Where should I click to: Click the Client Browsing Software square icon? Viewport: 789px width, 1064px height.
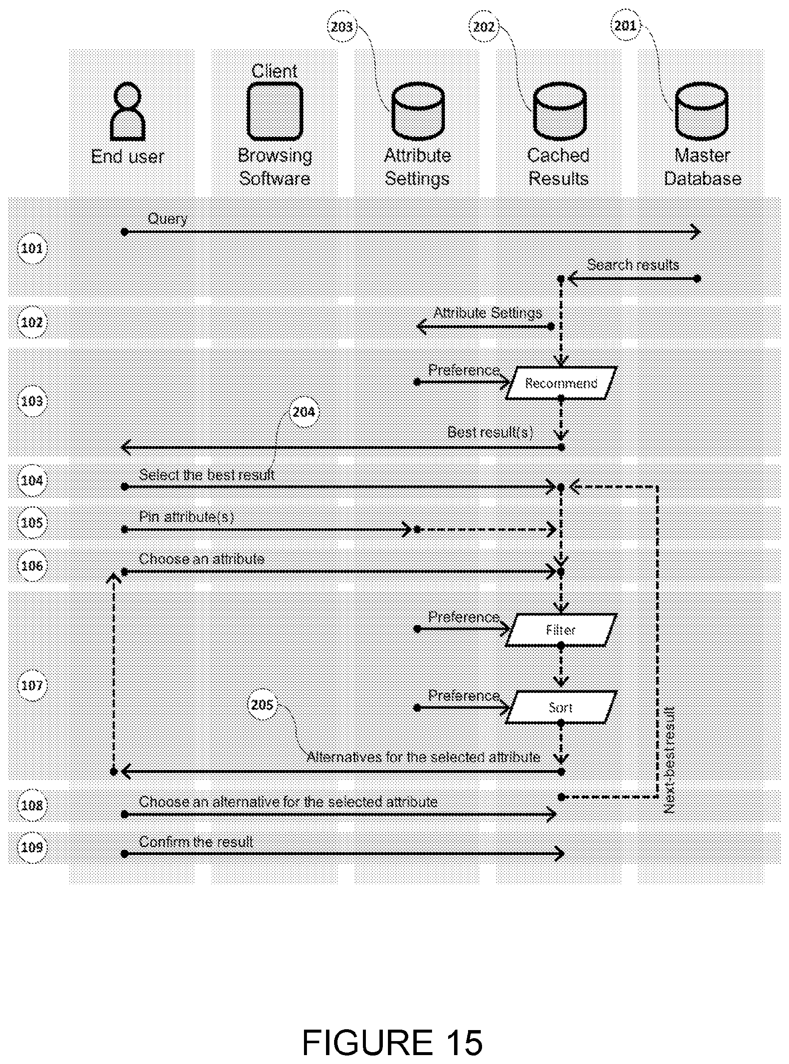tap(275, 111)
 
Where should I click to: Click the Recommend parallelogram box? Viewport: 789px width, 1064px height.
tap(561, 383)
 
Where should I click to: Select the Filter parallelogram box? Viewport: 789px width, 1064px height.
tap(561, 630)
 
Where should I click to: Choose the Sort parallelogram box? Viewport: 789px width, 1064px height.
tap(561, 707)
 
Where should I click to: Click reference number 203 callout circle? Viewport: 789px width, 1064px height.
tap(342, 27)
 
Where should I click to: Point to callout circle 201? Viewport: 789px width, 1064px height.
tap(626, 25)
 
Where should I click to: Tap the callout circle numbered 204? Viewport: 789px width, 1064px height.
tap(304, 412)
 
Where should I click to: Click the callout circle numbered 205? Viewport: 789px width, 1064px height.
tap(262, 705)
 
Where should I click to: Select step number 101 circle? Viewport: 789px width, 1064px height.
tap(32, 249)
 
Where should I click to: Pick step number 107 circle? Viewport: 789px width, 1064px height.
tap(32, 686)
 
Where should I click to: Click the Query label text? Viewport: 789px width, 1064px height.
tap(167, 219)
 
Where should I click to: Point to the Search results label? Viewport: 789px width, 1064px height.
tap(633, 265)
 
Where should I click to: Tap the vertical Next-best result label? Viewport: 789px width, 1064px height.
tap(669, 760)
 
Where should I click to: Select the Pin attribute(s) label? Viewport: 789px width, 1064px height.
tap(186, 517)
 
